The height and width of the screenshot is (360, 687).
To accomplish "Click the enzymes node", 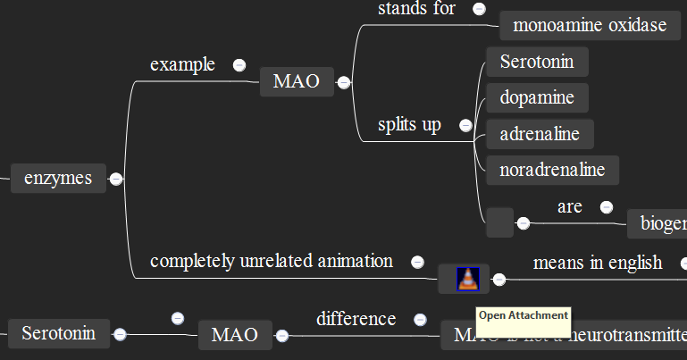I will tap(58, 179).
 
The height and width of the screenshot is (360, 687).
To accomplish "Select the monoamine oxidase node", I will tap(590, 25).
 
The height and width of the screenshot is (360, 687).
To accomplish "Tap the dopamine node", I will tap(537, 97).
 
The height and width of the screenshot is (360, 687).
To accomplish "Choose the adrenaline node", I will tap(540, 134).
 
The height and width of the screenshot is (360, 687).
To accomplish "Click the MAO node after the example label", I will tap(296, 82).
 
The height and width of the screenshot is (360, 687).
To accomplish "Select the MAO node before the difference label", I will tap(234, 335).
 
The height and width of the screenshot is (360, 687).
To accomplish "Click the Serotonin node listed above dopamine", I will tap(537, 62).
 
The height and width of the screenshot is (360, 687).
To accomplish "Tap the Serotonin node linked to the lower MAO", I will tap(58, 334).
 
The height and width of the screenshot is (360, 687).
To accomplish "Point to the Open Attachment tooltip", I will tap(523, 315).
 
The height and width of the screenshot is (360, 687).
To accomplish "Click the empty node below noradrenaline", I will tap(499, 222).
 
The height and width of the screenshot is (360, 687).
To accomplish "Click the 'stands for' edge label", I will tap(416, 9).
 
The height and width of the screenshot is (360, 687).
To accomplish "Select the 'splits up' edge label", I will tap(409, 124).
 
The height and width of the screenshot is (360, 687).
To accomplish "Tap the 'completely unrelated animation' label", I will tap(271, 261).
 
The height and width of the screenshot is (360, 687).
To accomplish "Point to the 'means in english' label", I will tap(598, 263).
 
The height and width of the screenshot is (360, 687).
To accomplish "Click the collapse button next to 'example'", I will tap(239, 64).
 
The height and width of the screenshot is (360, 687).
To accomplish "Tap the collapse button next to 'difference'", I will tap(420, 319).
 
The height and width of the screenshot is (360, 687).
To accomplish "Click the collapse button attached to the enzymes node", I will tap(116, 179).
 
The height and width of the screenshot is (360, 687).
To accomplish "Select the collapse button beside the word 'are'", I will tap(607, 207).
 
